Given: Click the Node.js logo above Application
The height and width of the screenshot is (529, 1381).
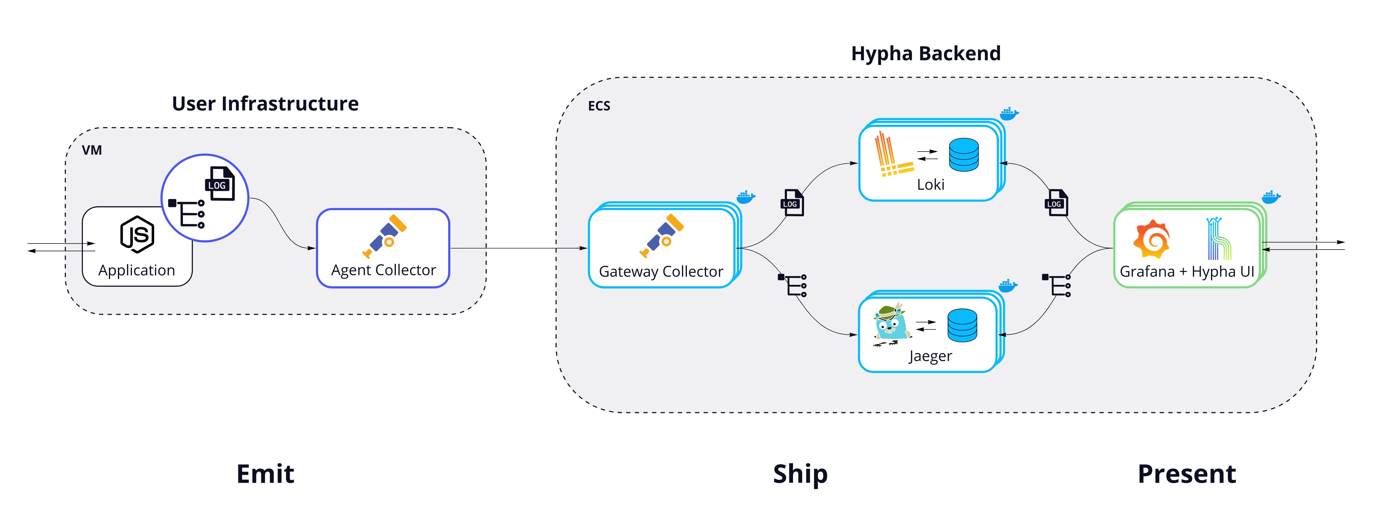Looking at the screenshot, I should click(137, 234).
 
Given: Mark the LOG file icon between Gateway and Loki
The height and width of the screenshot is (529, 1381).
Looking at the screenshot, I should click(792, 203).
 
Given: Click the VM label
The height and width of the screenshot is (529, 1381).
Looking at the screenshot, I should click(92, 150).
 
